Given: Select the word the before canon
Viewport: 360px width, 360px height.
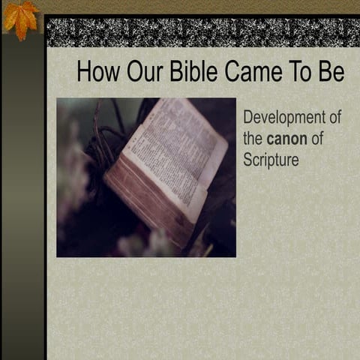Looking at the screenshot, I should (x=253, y=139).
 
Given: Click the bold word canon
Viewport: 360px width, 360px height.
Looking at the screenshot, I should (x=286, y=139).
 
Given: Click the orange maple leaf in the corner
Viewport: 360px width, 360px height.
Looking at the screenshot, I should (x=20, y=18).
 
